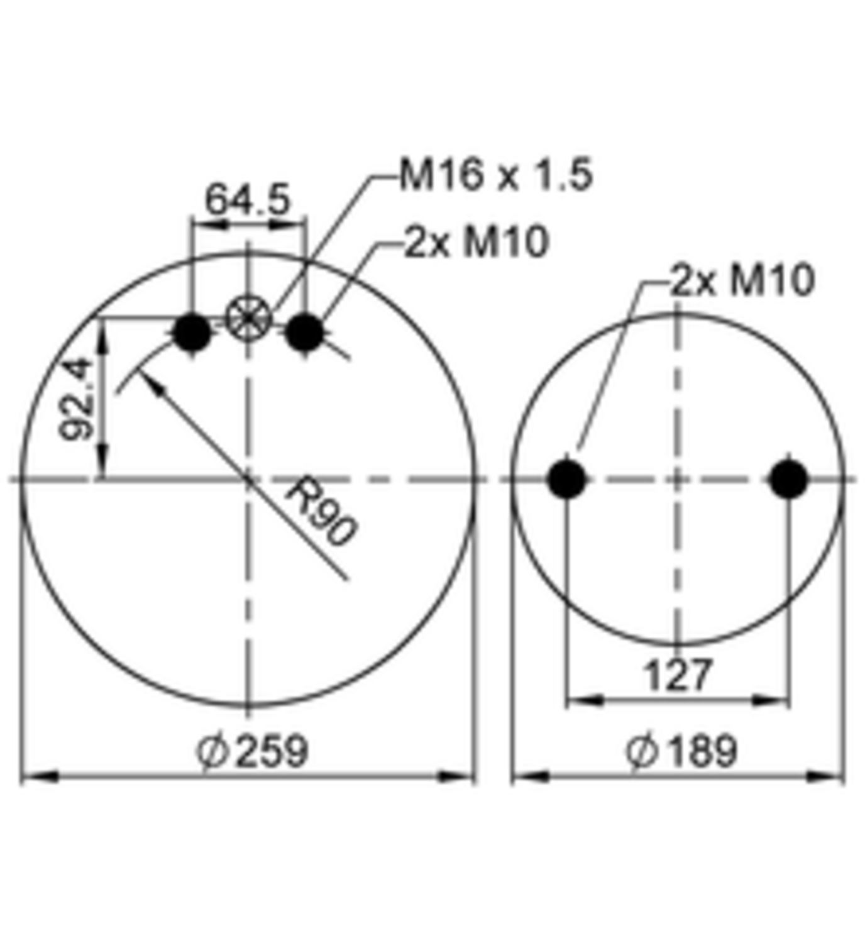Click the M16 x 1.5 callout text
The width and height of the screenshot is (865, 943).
496,175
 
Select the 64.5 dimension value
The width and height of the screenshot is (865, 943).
248,200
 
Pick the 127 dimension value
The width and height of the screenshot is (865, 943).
678,676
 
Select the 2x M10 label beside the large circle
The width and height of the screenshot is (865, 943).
476,241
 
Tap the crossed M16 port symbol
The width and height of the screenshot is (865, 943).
248,317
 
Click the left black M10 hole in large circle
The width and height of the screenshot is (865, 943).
192,333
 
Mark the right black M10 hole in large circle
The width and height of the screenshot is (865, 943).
304,333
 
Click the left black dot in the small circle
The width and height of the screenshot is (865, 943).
567,479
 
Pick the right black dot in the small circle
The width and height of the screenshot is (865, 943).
788,479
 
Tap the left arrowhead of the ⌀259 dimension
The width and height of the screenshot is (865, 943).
38,778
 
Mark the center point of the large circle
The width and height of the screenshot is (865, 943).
248,480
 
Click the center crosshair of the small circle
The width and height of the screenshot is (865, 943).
678,480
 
